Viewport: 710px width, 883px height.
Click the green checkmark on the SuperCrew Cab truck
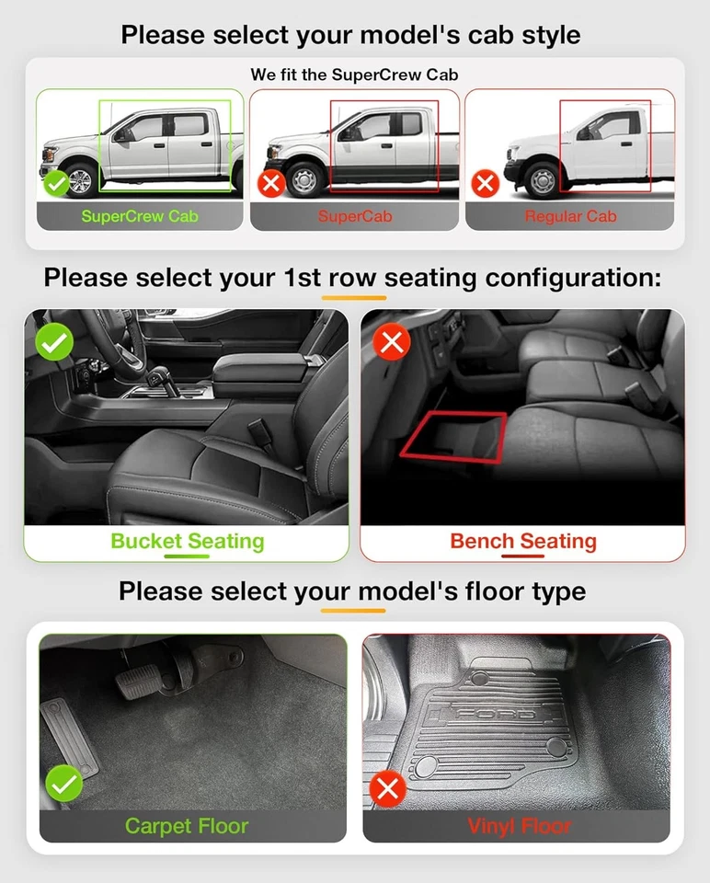click(57, 183)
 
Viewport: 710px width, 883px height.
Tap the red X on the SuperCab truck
click(271, 183)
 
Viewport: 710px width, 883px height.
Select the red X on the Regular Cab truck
click(486, 183)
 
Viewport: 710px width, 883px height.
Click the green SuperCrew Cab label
click(140, 217)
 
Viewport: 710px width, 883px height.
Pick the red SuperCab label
click(355, 217)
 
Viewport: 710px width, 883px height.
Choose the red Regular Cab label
click(570, 217)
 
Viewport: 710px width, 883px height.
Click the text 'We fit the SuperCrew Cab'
click(354, 74)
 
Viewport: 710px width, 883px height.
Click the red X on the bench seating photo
click(392, 343)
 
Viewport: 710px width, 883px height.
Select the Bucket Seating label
click(187, 541)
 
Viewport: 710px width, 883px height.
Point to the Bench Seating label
click(522, 541)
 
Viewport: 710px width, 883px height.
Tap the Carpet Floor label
click(187, 826)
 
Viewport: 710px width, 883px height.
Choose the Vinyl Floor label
click(519, 826)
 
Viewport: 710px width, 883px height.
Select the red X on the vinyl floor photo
click(388, 788)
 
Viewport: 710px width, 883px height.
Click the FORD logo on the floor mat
click(497, 715)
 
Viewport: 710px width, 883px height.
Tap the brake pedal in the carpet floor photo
click(136, 685)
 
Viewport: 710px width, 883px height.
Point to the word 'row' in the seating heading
click(353, 278)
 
